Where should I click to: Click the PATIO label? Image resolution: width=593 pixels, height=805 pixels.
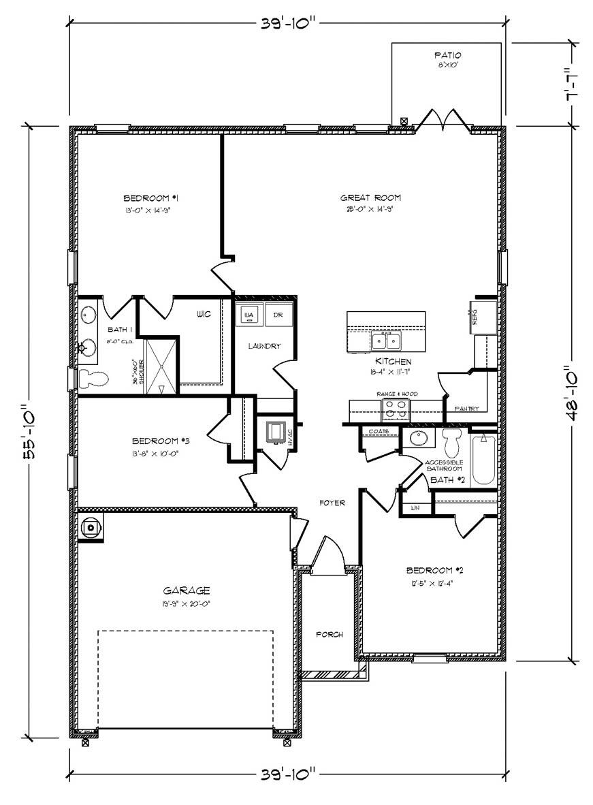pos(447,54)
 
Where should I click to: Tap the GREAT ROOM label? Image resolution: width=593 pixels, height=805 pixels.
pos(367,198)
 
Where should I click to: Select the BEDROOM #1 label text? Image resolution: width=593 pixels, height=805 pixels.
pos(150,198)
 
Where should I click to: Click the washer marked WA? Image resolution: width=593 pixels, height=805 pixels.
pos(249,316)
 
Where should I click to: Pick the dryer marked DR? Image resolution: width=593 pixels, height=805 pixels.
pos(278,316)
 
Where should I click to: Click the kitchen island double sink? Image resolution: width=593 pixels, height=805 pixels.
pos(386,340)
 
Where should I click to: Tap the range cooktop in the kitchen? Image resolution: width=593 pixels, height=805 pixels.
pos(396,409)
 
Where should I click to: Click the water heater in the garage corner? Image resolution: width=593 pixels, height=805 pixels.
pos(91,526)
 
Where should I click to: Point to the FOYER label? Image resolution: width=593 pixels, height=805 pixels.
pos(332,503)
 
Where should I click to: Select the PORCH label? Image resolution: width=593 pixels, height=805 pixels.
pos(330,634)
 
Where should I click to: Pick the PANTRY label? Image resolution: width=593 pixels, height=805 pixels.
pos(467,409)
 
